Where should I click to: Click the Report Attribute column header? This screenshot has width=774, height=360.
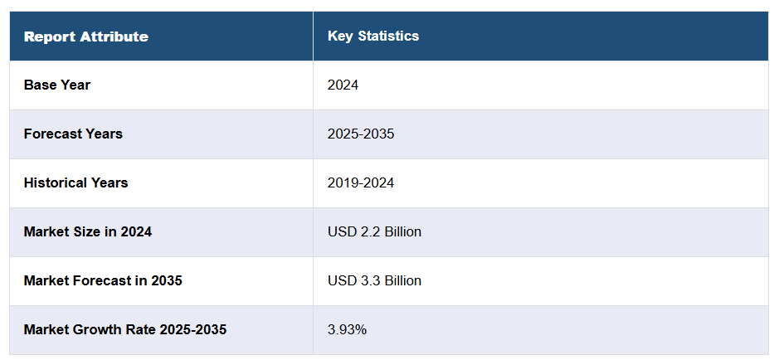[x=86, y=36]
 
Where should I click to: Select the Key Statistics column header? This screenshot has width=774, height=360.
[x=373, y=36]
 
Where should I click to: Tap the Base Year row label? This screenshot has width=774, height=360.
[x=57, y=85]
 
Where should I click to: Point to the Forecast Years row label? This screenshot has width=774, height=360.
[x=73, y=134]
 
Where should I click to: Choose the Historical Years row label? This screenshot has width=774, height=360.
[x=75, y=182]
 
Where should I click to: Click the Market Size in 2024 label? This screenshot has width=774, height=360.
[x=88, y=231]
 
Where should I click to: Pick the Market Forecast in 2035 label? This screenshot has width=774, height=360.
[x=103, y=280]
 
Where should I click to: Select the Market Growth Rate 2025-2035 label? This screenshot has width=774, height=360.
[x=125, y=329]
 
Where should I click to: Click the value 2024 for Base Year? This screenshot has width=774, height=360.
[x=343, y=85]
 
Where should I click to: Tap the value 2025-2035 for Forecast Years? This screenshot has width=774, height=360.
[x=361, y=134]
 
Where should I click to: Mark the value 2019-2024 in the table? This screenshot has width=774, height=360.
[x=361, y=182]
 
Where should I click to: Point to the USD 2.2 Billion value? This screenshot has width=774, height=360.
[x=374, y=231]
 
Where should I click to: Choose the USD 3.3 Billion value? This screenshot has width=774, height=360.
[x=374, y=280]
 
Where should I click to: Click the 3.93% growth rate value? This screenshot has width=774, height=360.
[x=347, y=329]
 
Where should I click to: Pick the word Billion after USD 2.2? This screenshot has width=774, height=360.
[x=402, y=231]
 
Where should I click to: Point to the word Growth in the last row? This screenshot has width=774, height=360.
[x=97, y=329]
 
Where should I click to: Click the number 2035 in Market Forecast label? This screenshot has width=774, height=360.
[x=167, y=280]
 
